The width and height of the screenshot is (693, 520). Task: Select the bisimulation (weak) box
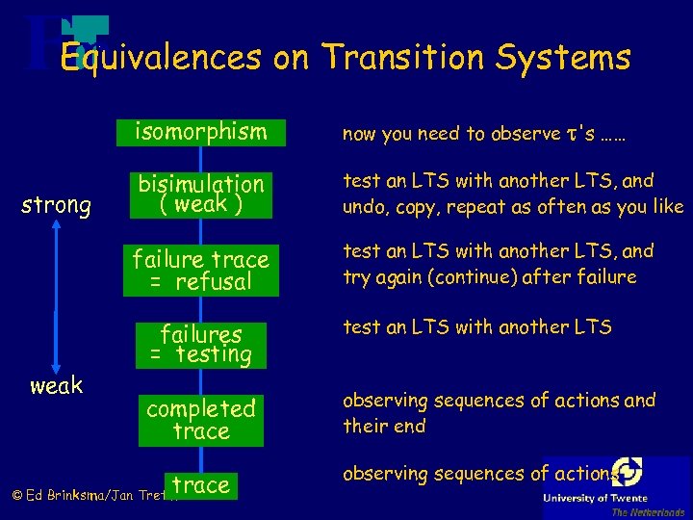(200, 195)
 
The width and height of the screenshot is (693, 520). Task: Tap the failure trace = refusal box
(200, 271)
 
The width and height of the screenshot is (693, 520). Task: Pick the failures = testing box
(200, 345)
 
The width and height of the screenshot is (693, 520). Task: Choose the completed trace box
(200, 421)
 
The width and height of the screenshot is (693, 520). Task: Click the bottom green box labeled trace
(200, 485)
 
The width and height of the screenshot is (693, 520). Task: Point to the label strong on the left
(57, 205)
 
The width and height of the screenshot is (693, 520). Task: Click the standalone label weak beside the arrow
(57, 386)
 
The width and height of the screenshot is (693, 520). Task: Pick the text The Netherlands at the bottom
(647, 512)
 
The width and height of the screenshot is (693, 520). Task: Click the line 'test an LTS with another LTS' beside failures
(477, 327)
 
